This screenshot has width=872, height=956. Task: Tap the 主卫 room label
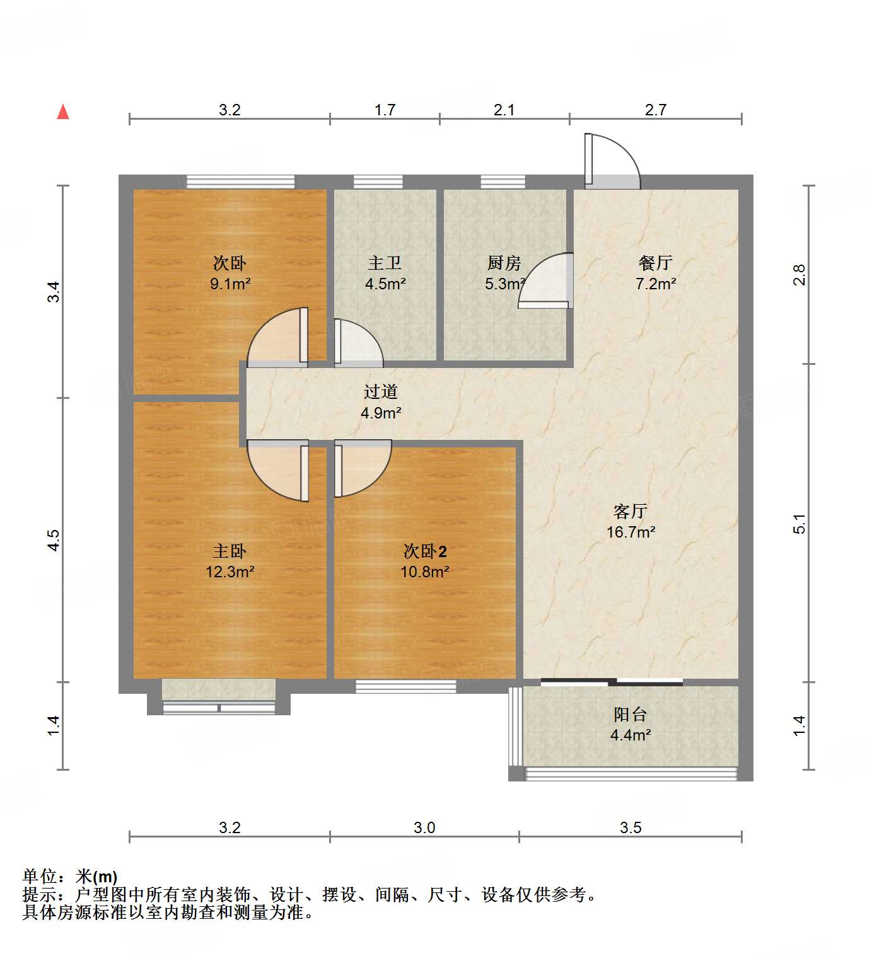click(385, 263)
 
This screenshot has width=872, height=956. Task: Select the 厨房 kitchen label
click(504, 263)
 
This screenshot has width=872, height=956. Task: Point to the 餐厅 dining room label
click(656, 263)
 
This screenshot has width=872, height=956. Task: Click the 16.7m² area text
click(631, 532)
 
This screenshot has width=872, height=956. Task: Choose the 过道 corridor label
click(381, 392)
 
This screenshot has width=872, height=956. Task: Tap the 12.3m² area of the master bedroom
click(230, 572)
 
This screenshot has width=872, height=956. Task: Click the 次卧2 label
click(425, 551)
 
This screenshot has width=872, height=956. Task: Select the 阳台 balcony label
click(631, 715)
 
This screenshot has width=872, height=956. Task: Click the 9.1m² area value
click(230, 284)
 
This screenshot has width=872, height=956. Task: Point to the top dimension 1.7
click(385, 110)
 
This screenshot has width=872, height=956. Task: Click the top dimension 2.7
click(656, 110)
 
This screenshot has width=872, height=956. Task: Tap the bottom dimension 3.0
click(424, 827)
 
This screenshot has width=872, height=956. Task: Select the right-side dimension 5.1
click(799, 524)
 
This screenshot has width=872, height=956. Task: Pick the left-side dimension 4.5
click(54, 540)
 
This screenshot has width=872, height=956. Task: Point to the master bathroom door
click(356, 343)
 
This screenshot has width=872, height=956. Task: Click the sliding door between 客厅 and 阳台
click(612, 682)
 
